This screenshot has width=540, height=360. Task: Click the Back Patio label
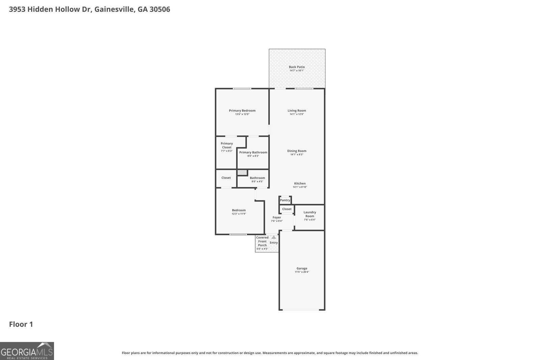pos(297,67)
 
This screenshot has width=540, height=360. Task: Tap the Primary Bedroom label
pos(242,110)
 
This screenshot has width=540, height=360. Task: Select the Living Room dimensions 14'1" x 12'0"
pos(297,114)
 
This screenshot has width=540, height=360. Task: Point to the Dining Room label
pos(297,151)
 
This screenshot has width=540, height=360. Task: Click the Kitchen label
pos(300,184)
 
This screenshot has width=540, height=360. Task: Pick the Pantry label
pos(285,200)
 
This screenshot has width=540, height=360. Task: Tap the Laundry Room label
pos(309,214)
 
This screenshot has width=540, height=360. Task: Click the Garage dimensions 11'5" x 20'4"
pos(302,272)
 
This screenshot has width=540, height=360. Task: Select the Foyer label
pos(277,217)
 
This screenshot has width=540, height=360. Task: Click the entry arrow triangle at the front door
pos(274,237)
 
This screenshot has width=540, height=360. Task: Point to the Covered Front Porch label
pos(262,241)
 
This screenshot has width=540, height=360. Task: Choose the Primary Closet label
pos(227,145)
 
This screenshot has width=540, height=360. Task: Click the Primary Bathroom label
pos(253,152)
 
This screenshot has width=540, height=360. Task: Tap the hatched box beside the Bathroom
pos(242,172)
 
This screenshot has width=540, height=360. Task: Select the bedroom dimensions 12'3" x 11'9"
pos(239,214)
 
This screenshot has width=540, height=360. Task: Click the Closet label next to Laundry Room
pos(287,209)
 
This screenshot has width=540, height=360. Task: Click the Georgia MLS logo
pos(27,351)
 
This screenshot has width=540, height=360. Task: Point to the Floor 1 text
pos(21,324)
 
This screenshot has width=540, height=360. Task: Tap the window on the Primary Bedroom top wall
pos(242,89)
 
